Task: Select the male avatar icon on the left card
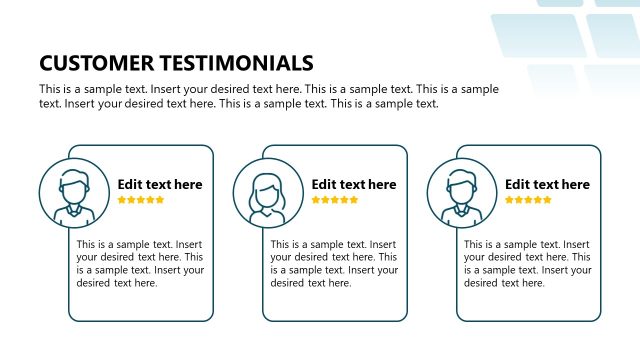coord(73,191)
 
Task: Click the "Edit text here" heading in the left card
coord(160,184)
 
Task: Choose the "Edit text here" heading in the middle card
coord(354,184)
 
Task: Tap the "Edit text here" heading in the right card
coord(547,184)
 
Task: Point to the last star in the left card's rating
coord(160,200)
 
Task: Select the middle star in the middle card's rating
coord(335,200)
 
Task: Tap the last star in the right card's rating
coord(547,200)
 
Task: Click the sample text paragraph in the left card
coord(140,263)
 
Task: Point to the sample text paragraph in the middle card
coord(334,263)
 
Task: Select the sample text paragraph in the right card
coord(527,263)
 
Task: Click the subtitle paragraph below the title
coord(269,96)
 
